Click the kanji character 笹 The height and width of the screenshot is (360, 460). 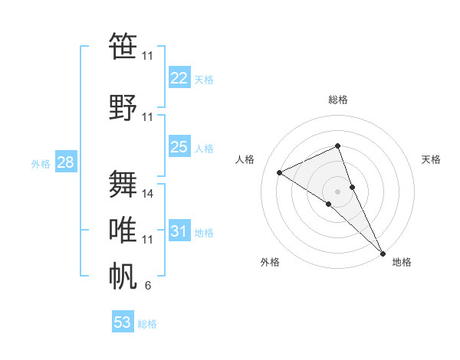point(123,47)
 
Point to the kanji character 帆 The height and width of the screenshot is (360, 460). point(123,276)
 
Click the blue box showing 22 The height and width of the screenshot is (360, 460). point(179,78)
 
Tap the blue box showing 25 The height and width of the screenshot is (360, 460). point(179,147)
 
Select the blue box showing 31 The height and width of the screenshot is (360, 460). point(179,231)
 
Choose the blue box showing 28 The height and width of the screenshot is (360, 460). point(65,162)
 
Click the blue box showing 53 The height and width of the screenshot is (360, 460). point(123,322)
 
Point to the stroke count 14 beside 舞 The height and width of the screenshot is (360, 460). point(148,194)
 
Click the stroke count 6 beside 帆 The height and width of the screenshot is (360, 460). point(148,286)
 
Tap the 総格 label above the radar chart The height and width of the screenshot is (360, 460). point(338,100)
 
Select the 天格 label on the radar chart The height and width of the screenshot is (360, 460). point(432,159)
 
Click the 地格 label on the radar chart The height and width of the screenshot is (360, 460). point(402,262)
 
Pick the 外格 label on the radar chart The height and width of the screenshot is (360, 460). point(270,262)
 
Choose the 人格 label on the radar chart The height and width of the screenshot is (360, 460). point(245,159)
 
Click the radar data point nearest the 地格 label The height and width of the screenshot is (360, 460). point(383,252)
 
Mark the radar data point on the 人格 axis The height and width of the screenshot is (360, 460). point(280,172)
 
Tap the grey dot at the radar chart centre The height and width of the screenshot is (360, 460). point(337,191)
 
